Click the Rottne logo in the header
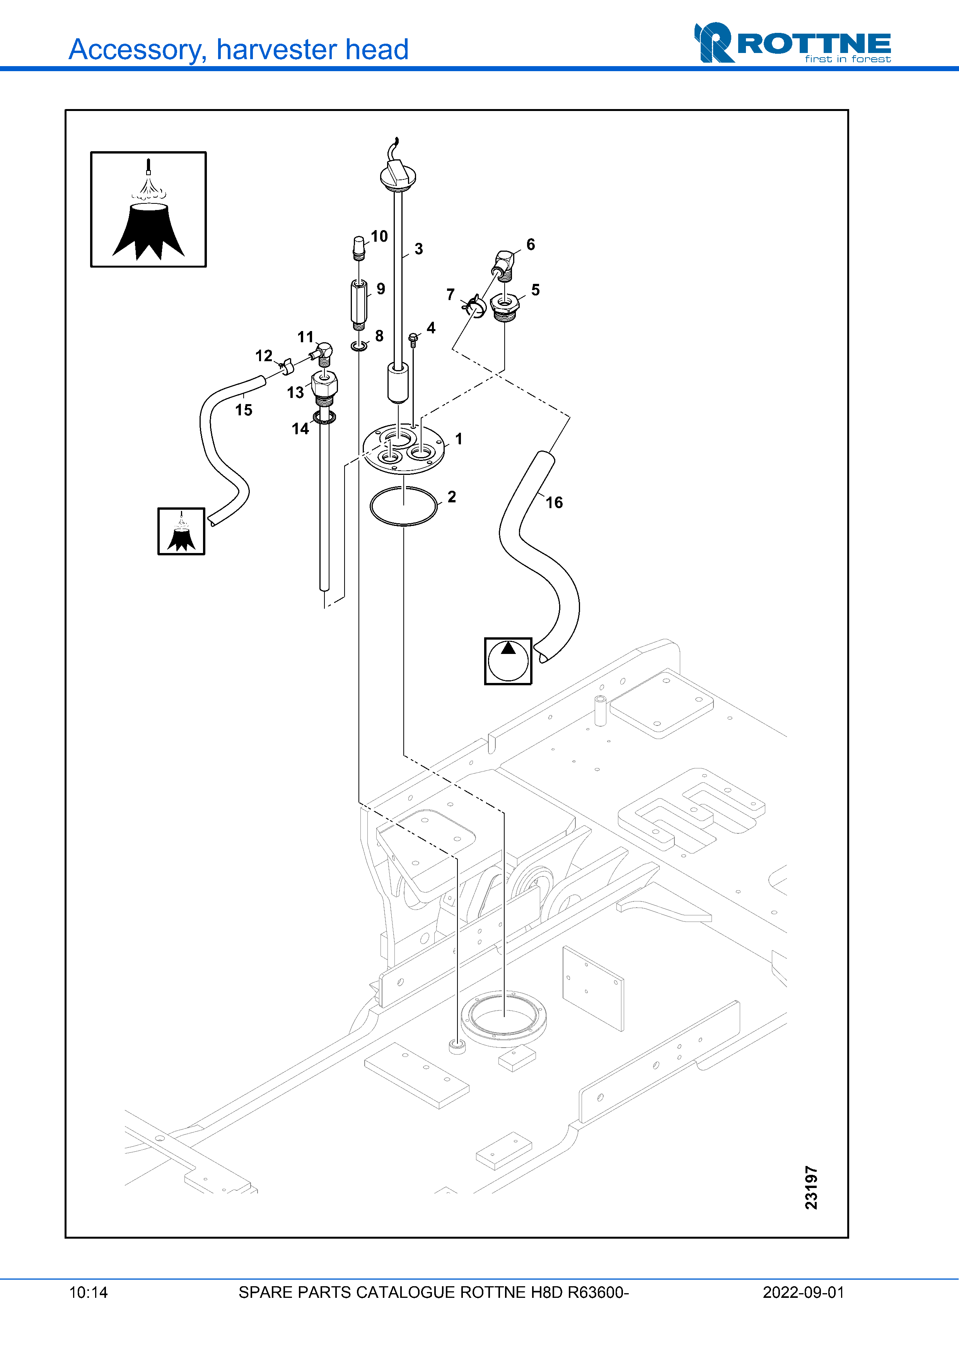pos(792,43)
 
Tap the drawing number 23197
pos(811,1188)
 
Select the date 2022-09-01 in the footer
pos(803,1292)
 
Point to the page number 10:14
pos(89,1292)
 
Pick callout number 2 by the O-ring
pos(452,497)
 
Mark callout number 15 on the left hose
pos(244,410)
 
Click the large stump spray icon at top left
pos(148,210)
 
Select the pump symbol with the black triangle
pos(508,661)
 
